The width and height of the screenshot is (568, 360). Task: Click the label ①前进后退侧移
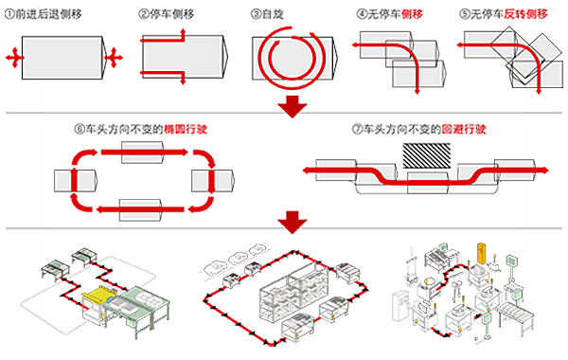coord(44,14)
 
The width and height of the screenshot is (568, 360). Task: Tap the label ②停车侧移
coord(167,14)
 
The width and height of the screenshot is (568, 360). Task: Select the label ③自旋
coord(267,14)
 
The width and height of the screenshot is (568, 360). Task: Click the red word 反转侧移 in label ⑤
coord(525,14)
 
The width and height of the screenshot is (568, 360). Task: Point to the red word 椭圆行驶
coord(186,129)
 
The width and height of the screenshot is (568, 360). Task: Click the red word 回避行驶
coord(464,129)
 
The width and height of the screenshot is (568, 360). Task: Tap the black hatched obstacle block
coord(427,155)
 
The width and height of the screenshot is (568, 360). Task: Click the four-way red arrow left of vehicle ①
coord(14,57)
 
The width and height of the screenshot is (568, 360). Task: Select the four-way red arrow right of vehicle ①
coord(114,57)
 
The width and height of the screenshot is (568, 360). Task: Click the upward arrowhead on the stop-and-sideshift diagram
coord(183,32)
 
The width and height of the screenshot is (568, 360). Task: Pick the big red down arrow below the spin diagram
coord(293,107)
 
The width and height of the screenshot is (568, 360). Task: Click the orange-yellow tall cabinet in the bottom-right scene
coord(482,253)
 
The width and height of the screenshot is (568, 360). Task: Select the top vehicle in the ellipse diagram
coord(142,153)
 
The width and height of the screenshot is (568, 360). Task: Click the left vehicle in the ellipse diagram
coord(76,181)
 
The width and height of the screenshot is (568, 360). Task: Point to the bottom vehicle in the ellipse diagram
coord(140,209)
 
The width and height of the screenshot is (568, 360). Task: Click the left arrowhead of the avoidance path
coord(307,171)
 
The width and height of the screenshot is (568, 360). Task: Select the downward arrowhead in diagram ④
coord(417,91)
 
